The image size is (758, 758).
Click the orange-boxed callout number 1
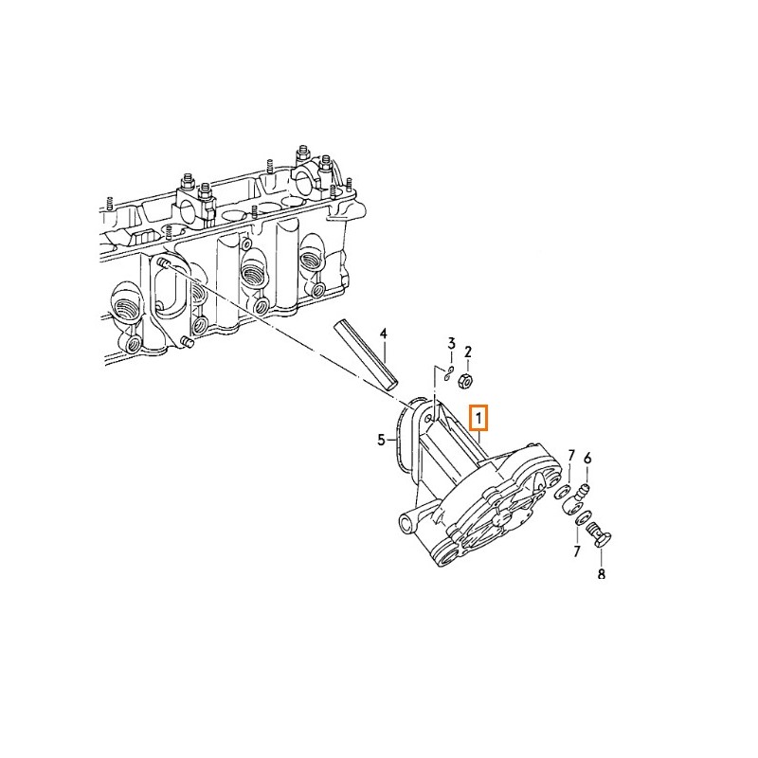[x=478, y=418]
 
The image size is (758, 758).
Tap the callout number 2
[x=467, y=352]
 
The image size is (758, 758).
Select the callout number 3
[x=451, y=344]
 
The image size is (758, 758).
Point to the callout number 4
[x=384, y=334]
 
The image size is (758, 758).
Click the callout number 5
[x=382, y=440]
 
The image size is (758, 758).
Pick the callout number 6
[x=587, y=458]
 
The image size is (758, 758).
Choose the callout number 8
[x=602, y=574]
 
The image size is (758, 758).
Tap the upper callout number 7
[x=571, y=455]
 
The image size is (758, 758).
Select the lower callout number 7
[x=576, y=550]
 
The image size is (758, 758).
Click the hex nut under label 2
[x=465, y=382]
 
